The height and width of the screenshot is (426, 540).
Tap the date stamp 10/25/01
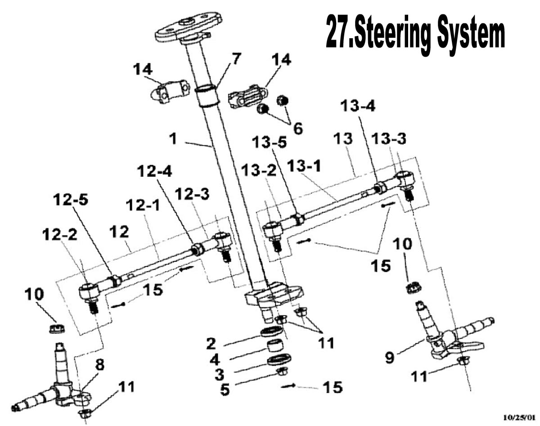pyautogui.click(x=519, y=417)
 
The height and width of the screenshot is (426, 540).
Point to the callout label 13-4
pyautogui.click(x=357, y=107)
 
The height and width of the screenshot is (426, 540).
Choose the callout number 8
pyautogui.click(x=99, y=365)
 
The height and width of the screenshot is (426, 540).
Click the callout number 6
pyautogui.click(x=297, y=128)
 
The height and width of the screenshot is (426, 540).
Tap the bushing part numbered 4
pyautogui.click(x=276, y=347)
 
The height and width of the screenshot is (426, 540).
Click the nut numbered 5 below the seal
pyautogui.click(x=282, y=372)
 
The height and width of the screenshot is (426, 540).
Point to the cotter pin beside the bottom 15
pyautogui.click(x=288, y=386)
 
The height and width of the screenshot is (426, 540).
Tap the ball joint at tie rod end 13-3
pyautogui.click(x=405, y=179)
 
